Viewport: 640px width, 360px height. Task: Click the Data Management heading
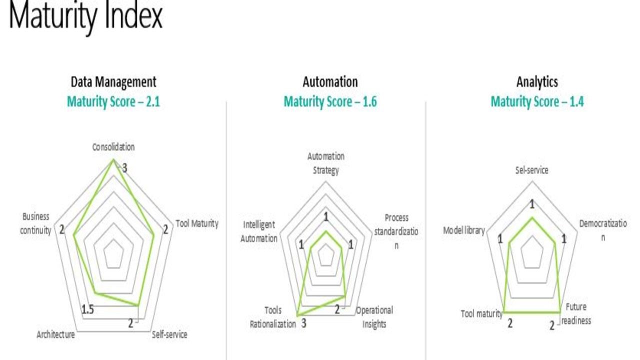pyautogui.click(x=113, y=82)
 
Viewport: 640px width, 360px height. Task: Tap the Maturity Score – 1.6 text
pyautogui.click(x=330, y=101)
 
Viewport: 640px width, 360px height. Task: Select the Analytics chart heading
pyautogui.click(x=537, y=82)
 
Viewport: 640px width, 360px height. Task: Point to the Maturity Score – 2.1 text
pyautogui.click(x=113, y=101)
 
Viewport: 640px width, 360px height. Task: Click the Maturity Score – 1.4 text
pyautogui.click(x=537, y=101)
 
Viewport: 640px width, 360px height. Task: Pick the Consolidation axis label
pyautogui.click(x=113, y=147)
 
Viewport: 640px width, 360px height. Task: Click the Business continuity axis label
pyautogui.click(x=35, y=223)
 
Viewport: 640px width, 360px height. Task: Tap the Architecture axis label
pyautogui.click(x=55, y=334)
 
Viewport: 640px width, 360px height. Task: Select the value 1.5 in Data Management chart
pyautogui.click(x=87, y=309)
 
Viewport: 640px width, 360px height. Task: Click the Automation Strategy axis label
pyautogui.click(x=325, y=163)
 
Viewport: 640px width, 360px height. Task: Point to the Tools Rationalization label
pyautogui.click(x=273, y=317)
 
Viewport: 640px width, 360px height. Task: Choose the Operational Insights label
pyautogui.click(x=374, y=317)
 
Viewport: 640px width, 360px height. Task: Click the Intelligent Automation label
pyautogui.click(x=259, y=231)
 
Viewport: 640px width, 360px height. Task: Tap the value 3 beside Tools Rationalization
pyautogui.click(x=303, y=323)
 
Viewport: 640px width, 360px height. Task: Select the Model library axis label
pyautogui.click(x=464, y=230)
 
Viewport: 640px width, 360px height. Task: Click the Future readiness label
pyautogui.click(x=576, y=313)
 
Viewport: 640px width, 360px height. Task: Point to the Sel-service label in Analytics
pyautogui.click(x=531, y=170)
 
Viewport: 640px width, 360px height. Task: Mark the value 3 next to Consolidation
pyautogui.click(x=124, y=168)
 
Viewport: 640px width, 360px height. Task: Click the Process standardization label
pyautogui.click(x=396, y=231)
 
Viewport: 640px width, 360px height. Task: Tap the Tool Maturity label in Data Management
pyautogui.click(x=197, y=223)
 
